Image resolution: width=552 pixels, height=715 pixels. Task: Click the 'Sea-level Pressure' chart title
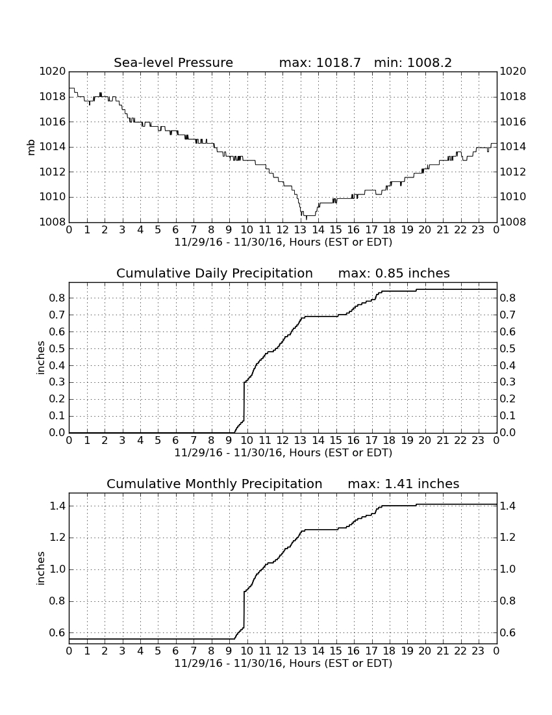(173, 63)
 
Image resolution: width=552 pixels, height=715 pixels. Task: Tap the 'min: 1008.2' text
(413, 62)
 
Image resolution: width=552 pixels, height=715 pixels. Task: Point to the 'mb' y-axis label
(31, 148)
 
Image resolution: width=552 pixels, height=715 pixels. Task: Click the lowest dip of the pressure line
(300, 219)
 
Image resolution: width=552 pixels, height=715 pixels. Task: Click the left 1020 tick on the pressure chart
(53, 71)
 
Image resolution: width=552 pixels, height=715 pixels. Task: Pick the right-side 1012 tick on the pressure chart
(513, 172)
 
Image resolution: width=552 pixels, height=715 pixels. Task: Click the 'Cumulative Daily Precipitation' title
(214, 274)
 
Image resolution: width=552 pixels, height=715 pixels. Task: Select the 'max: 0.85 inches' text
(394, 274)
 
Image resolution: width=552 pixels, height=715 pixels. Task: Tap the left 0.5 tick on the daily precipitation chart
(57, 349)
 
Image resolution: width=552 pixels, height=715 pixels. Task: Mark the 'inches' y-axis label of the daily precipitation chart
(41, 358)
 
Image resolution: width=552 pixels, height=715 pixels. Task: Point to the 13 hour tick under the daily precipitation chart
(300, 440)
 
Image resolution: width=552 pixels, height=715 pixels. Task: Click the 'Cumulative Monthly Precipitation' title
(214, 484)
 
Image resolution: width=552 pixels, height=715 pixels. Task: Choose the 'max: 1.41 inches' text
(403, 484)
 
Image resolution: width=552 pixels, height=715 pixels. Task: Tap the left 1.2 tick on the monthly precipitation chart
(57, 538)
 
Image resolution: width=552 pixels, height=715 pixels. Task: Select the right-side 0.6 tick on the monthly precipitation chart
(508, 633)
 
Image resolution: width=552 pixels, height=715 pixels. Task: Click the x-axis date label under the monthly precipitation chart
(283, 663)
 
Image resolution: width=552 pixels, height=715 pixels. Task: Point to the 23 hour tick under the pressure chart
(478, 229)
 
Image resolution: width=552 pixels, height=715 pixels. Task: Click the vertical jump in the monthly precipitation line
(244, 610)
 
